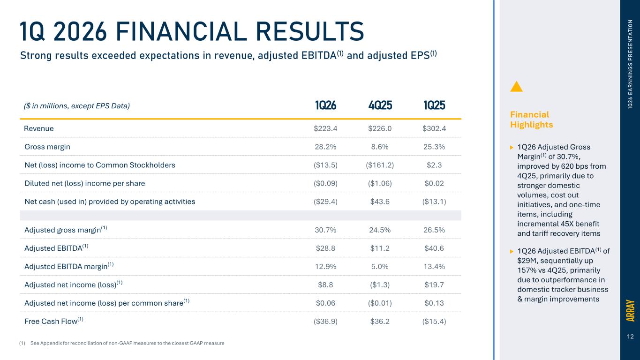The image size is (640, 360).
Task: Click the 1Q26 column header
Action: [x=325, y=105]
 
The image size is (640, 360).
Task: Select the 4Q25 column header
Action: [x=380, y=105]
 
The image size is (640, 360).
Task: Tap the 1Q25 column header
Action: [x=434, y=105]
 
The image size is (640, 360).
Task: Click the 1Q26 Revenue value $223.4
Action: [x=325, y=128]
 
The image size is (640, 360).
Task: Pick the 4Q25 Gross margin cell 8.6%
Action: [x=380, y=147]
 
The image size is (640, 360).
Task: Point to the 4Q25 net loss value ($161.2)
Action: [x=380, y=165]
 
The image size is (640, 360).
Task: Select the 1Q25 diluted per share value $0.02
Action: [x=434, y=183]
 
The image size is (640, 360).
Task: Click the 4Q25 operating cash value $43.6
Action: [x=380, y=202]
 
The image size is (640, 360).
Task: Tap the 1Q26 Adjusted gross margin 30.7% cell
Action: [x=325, y=230]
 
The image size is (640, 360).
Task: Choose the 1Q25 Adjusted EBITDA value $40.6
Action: [x=434, y=248]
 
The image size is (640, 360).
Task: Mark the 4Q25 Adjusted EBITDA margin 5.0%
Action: [x=380, y=267]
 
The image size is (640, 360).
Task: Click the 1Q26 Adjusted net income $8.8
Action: [x=325, y=285]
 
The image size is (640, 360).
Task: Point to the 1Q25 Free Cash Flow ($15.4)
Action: [x=434, y=322]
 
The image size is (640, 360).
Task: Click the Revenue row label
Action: [x=39, y=128]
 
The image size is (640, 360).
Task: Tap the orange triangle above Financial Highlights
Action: [x=516, y=87]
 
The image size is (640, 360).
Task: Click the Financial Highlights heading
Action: [x=531, y=120]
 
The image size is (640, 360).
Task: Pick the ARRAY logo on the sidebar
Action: [x=630, y=310]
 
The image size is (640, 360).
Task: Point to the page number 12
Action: [x=630, y=337]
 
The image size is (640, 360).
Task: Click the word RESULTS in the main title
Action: [x=310, y=31]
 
